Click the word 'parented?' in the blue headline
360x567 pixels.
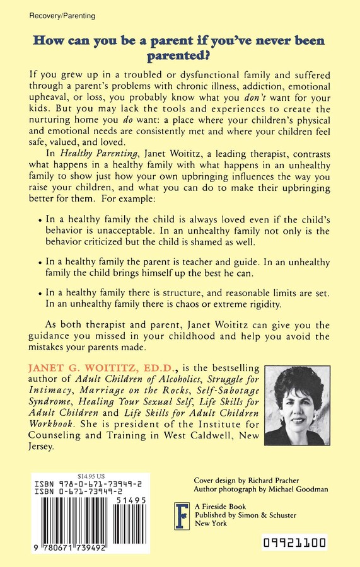[180, 57]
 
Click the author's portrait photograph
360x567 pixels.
[307, 406]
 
